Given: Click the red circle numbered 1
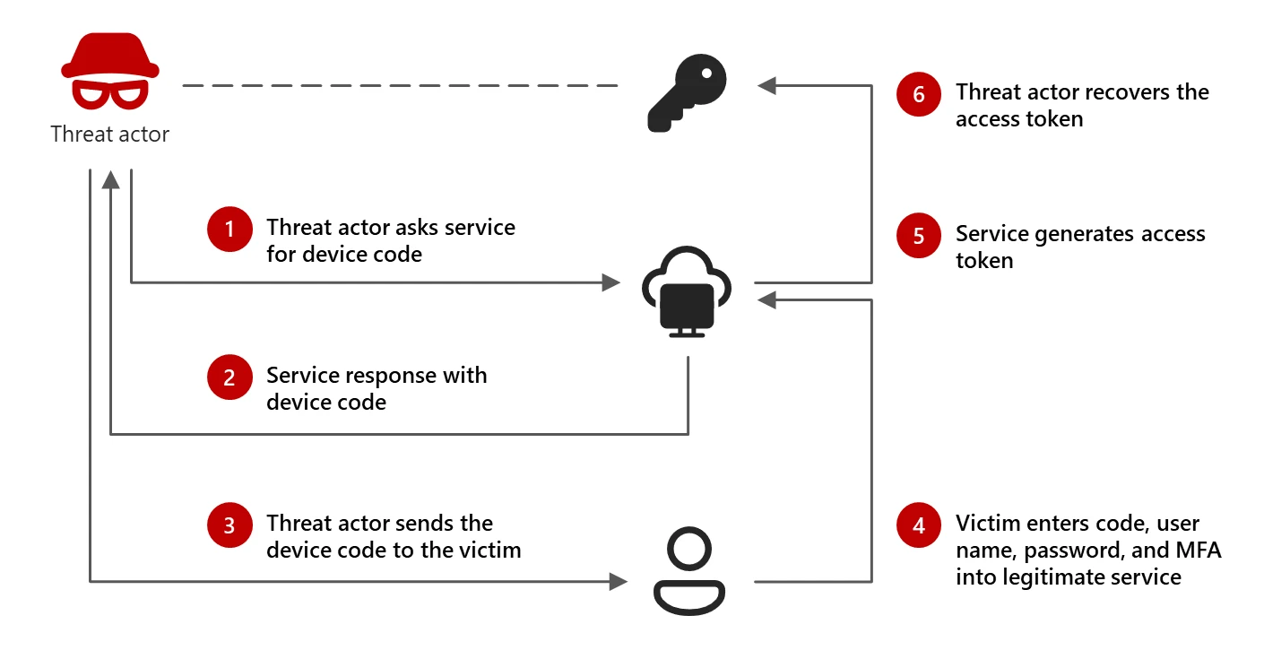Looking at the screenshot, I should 229,229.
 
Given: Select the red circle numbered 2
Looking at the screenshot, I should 229,377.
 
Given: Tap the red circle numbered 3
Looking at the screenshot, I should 229,525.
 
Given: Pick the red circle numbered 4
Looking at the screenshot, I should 919,525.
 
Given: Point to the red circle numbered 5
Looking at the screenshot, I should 919,236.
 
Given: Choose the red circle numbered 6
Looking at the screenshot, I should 919,94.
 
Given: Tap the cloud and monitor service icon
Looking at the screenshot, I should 688,291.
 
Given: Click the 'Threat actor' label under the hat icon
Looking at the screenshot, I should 109,134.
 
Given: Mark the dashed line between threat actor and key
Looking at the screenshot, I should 399,86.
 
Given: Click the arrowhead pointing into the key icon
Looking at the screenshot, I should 766,86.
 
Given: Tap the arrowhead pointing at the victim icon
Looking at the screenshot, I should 618,582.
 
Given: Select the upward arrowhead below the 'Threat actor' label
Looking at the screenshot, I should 110,180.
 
